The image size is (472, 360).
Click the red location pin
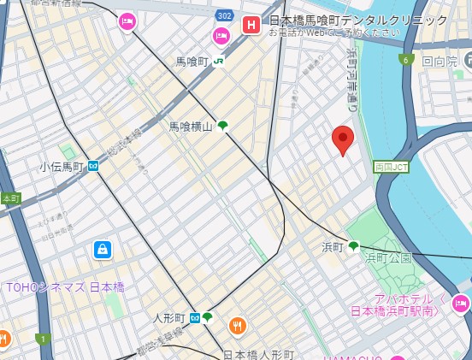(x=343, y=139)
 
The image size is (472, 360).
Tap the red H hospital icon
(x=251, y=24)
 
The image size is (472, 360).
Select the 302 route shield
(x=225, y=15)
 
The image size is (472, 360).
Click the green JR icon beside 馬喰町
(x=220, y=61)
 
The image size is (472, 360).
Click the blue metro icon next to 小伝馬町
(x=92, y=167)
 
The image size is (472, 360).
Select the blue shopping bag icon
(x=103, y=250)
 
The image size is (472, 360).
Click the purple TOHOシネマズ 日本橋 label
(x=65, y=287)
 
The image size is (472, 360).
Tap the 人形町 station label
(x=169, y=318)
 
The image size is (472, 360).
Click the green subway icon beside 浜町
(x=353, y=246)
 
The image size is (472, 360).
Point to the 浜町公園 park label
(x=389, y=257)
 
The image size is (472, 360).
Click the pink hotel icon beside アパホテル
(x=461, y=304)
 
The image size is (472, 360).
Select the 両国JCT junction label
(x=391, y=167)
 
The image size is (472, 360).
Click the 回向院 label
(x=441, y=62)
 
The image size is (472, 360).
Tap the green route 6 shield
(x=406, y=59)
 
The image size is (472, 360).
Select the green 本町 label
(x=10, y=198)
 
